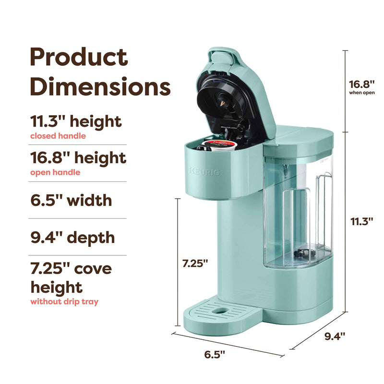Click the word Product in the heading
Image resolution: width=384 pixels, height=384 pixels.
coord(79,57)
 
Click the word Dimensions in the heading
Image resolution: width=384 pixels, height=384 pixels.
coord(100,86)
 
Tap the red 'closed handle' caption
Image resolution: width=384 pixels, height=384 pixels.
coord(58,136)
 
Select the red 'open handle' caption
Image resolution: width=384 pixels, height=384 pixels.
coord(55,172)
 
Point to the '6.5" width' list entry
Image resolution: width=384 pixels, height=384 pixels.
coord(71,200)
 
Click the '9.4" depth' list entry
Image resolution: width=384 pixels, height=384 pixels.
coord(72,237)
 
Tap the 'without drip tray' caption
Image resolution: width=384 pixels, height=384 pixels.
coord(64,301)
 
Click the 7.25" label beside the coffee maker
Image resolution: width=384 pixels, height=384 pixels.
coord(195,263)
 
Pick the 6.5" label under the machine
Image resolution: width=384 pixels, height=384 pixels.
coord(215,354)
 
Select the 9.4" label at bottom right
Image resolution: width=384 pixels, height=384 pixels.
coord(335,336)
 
